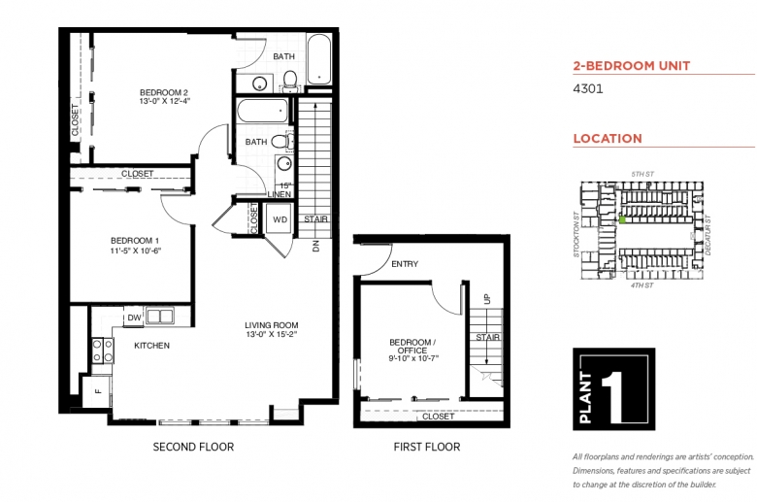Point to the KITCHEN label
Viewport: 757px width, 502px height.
point(151,346)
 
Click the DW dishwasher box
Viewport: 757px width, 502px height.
point(134,318)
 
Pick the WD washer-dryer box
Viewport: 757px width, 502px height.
point(280,219)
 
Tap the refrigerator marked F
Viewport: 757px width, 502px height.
point(97,391)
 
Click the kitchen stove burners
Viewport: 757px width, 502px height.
point(103,351)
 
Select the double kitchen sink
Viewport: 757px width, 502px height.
point(160,317)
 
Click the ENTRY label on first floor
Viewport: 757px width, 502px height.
point(405,264)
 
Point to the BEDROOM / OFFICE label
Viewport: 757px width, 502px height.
point(412,351)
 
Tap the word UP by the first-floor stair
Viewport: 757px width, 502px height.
point(486,299)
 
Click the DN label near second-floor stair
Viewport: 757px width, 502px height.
point(316,246)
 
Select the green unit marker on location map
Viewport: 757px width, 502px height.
point(623,219)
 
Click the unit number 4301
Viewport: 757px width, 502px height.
point(587,89)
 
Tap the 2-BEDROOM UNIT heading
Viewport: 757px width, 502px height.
point(632,66)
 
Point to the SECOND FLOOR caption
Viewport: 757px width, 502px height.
point(193,447)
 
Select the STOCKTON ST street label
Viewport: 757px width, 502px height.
point(576,234)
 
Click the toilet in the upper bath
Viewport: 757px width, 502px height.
point(289,80)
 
